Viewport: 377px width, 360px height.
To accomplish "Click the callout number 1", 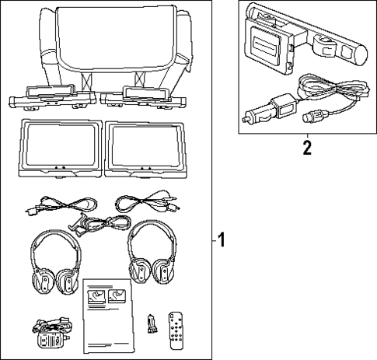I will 221,241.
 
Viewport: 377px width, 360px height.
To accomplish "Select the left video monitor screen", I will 59,144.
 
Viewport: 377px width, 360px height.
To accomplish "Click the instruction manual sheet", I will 108,314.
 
